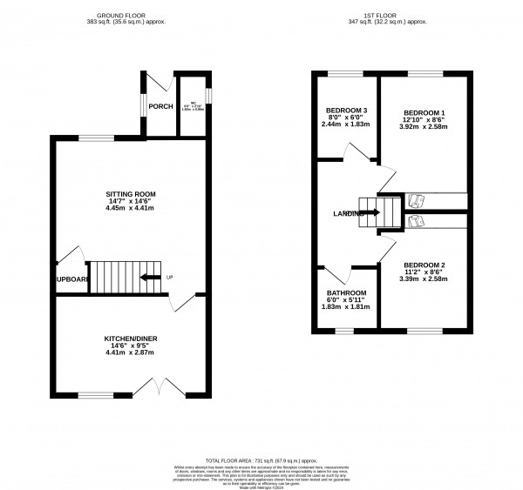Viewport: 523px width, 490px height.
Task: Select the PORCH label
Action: [160, 107]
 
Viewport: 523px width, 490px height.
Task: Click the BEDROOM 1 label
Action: [425, 114]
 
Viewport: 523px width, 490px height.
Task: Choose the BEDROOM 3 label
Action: [346, 111]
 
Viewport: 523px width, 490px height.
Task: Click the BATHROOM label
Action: [347, 292]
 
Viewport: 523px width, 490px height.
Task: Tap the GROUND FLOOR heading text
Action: [132, 13]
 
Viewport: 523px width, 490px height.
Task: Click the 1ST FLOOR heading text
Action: [392, 13]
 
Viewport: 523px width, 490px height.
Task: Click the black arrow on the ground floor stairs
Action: [152, 278]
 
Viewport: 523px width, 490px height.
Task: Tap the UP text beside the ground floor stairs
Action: [169, 278]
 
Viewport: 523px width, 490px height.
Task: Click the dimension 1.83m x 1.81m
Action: [347, 307]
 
